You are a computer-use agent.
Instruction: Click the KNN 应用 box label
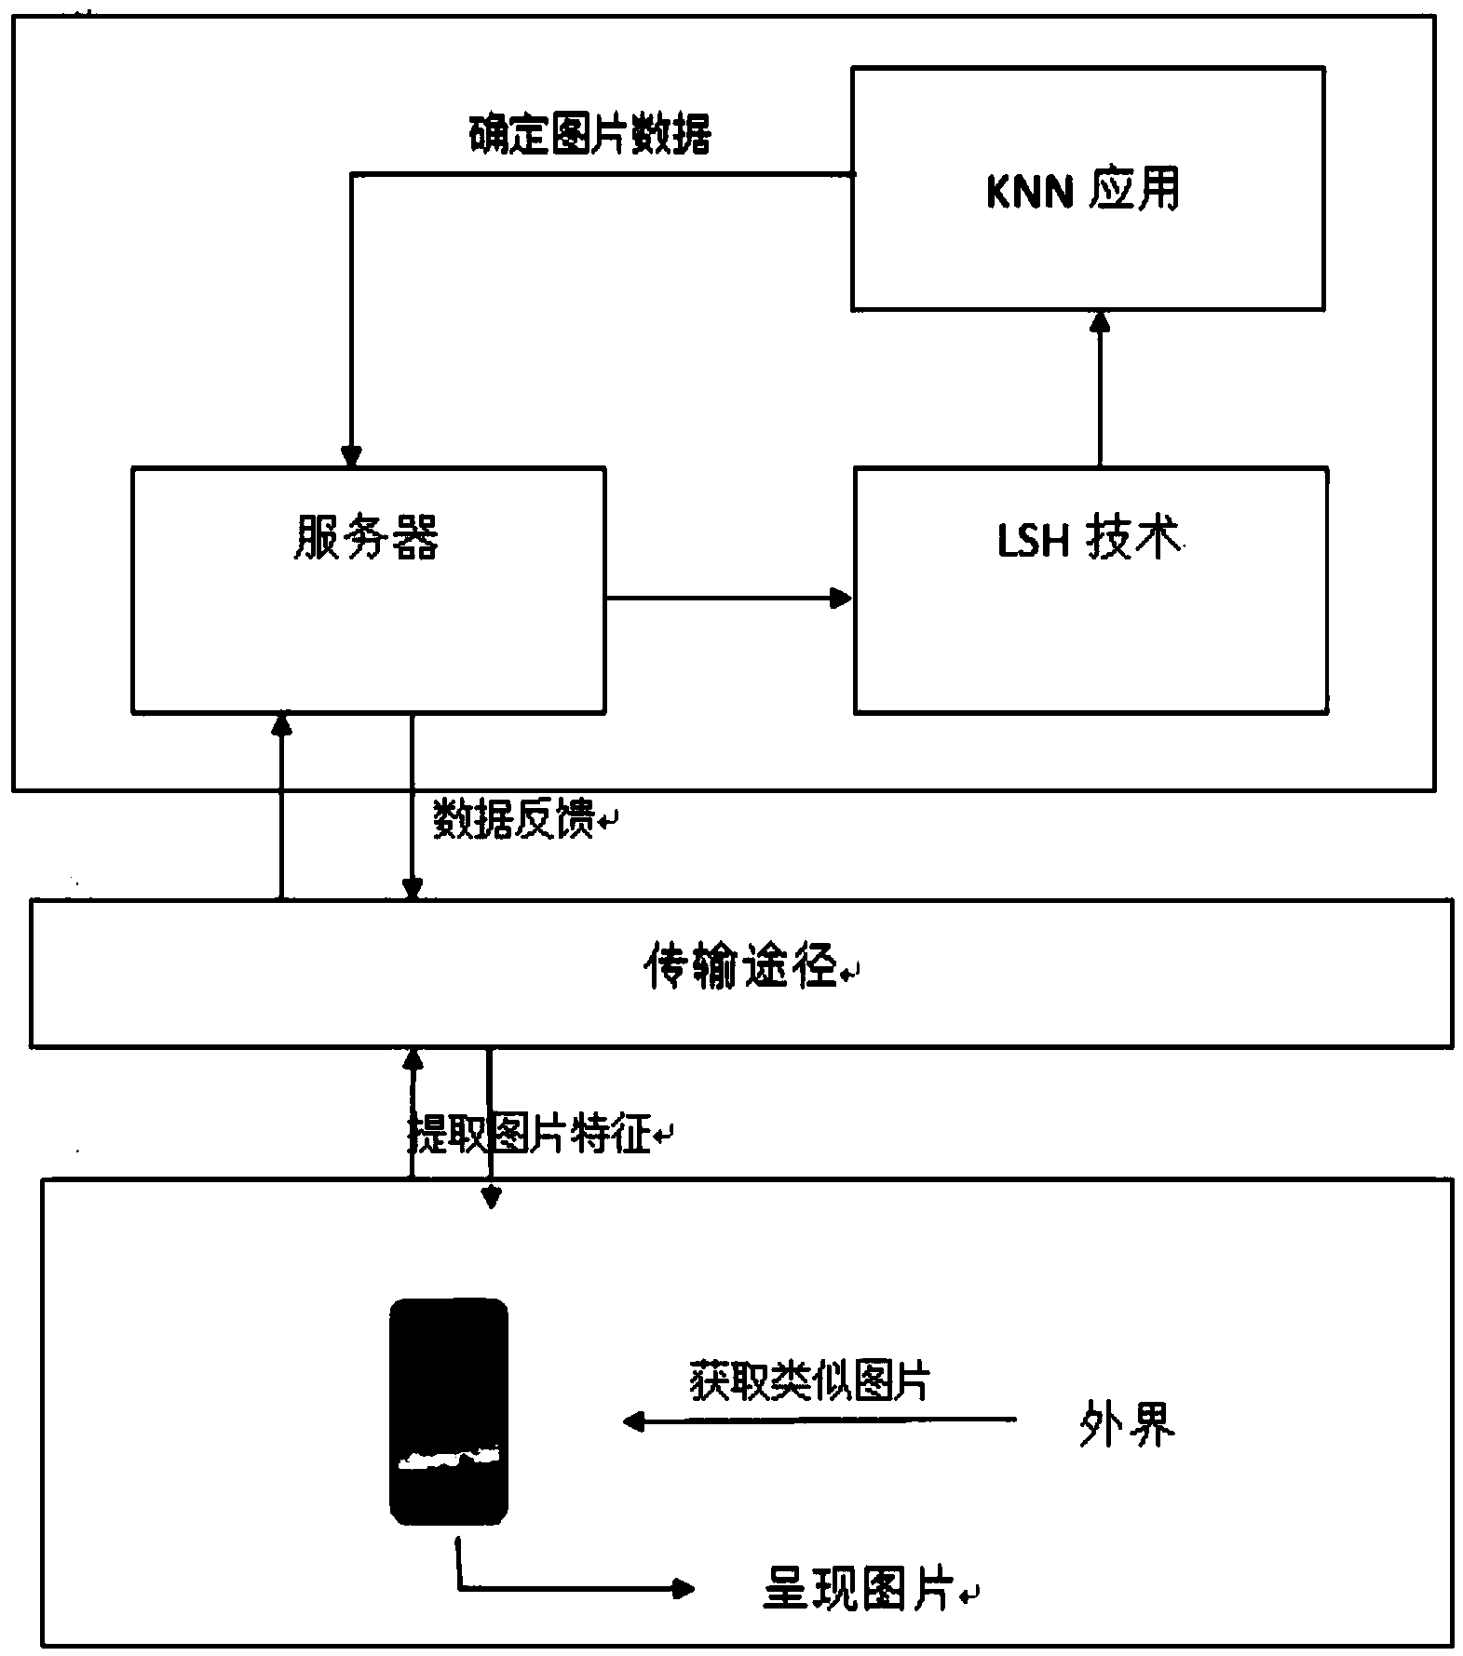tap(1083, 192)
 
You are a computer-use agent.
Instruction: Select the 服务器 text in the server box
tap(366, 538)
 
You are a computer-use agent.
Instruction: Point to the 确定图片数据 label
tap(589, 134)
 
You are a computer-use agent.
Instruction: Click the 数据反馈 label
tap(515, 820)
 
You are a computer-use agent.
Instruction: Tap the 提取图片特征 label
tap(530, 1133)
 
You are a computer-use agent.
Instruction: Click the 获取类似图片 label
tap(809, 1381)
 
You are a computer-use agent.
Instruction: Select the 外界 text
tap(1127, 1423)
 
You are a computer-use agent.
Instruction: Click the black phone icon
tap(449, 1411)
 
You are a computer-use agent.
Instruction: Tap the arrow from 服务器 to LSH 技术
tap(729, 598)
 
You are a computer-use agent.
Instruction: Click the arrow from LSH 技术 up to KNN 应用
tap(1100, 389)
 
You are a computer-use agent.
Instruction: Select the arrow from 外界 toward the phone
tap(820, 1421)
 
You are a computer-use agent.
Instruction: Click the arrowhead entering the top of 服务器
tap(351, 455)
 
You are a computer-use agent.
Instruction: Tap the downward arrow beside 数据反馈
tap(413, 807)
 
